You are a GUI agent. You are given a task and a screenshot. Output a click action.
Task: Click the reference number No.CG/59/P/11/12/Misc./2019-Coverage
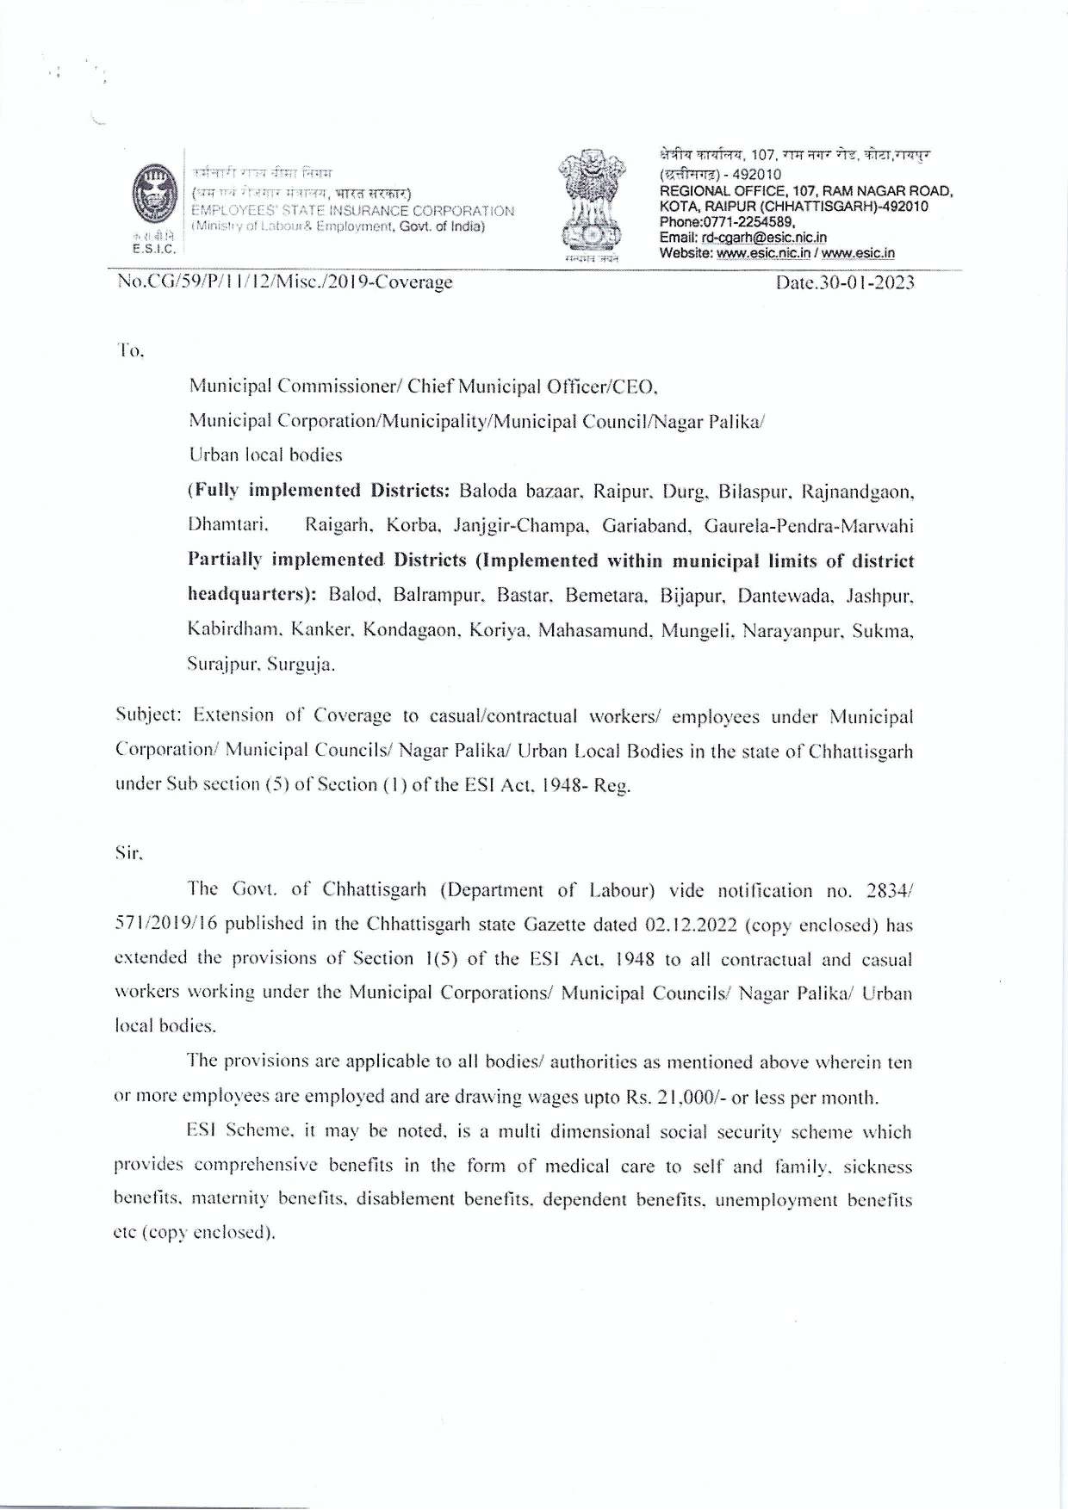point(285,282)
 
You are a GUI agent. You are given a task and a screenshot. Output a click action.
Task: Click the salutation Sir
point(128,855)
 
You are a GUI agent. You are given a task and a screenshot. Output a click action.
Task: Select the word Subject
point(147,716)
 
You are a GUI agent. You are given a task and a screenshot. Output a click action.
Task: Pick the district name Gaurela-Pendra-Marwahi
point(809,525)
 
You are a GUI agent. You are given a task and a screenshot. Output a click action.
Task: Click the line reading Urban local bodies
point(265,455)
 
